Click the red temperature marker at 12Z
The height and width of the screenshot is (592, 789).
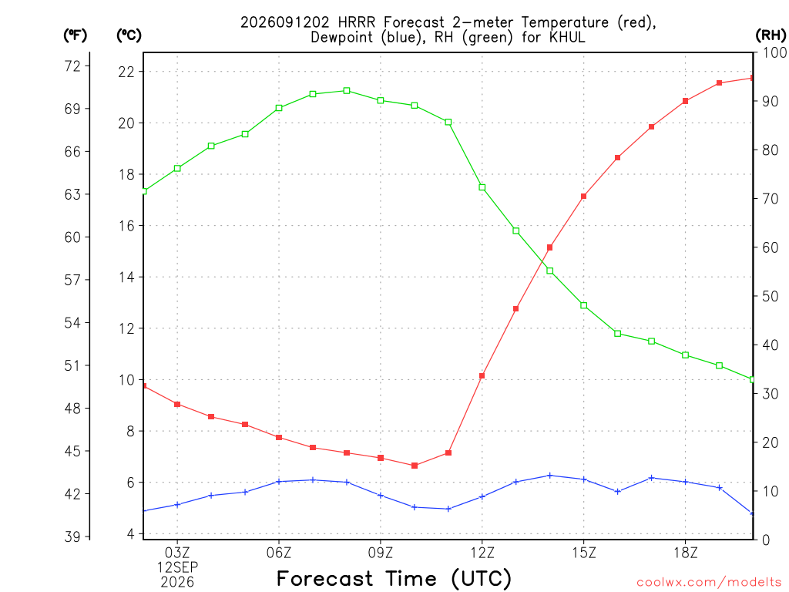tap(482, 376)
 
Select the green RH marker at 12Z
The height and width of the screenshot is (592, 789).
tap(482, 187)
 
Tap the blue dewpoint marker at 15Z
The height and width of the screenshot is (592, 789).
tap(584, 479)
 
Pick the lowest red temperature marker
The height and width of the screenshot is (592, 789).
tap(415, 466)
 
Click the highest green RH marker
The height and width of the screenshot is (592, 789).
tap(347, 91)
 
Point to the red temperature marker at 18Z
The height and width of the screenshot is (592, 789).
tap(685, 101)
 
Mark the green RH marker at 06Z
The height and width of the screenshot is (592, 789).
tap(279, 108)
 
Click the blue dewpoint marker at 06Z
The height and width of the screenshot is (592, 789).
tap(279, 482)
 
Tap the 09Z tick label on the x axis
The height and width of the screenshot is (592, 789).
tap(381, 553)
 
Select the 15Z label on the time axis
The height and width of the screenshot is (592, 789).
tap(584, 553)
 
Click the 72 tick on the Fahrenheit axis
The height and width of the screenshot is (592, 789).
tap(72, 66)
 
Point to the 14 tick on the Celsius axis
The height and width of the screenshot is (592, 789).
tap(126, 277)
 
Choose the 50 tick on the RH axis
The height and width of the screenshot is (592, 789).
tap(770, 296)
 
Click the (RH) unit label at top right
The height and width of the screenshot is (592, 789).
tap(771, 35)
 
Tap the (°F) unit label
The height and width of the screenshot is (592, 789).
tap(75, 35)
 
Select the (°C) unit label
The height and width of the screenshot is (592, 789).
tap(129, 35)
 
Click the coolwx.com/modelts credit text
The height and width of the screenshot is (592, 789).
tap(709, 583)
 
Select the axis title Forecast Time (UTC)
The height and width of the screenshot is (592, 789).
tap(394, 578)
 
